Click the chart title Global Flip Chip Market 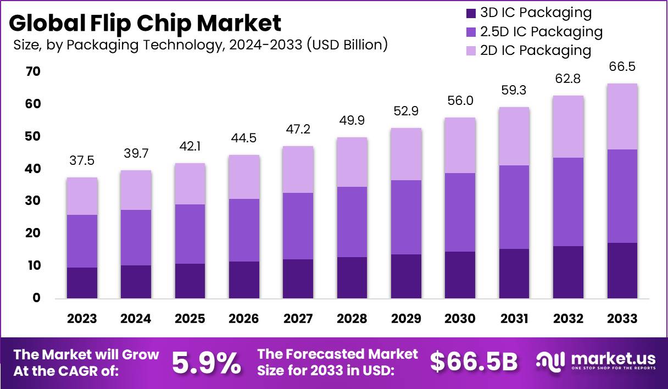click(145, 24)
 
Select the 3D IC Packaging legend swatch click(470, 13)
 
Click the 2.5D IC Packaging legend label click(541, 31)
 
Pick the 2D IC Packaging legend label click(536, 51)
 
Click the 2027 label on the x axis click(298, 319)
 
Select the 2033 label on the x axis click(622, 319)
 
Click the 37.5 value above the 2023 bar click(82, 160)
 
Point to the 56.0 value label click(460, 101)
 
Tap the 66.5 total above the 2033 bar click(622, 66)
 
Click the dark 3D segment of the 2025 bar click(190, 281)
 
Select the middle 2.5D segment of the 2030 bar click(460, 212)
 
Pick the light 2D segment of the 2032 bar click(569, 126)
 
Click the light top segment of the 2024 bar click(136, 190)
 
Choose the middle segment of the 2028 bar click(352, 222)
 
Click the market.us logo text click(613, 359)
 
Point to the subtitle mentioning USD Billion click(201, 45)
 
